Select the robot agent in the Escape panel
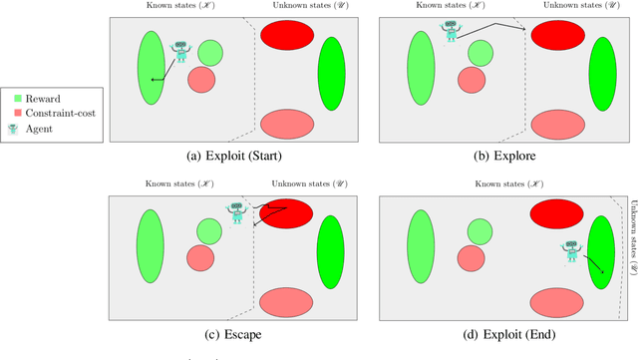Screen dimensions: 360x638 pyautogui.click(x=236, y=212)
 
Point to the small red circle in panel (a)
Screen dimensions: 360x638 pyautogui.click(x=201, y=79)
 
